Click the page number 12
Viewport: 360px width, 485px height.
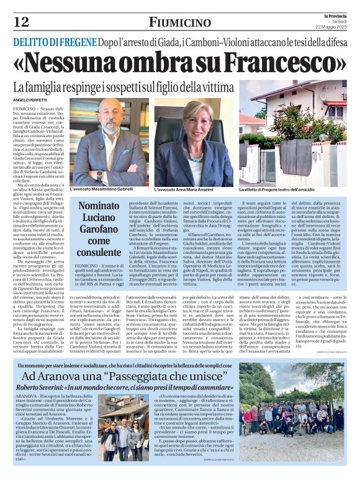(20, 22)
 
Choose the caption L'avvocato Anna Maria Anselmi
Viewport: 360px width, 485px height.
(189, 188)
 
